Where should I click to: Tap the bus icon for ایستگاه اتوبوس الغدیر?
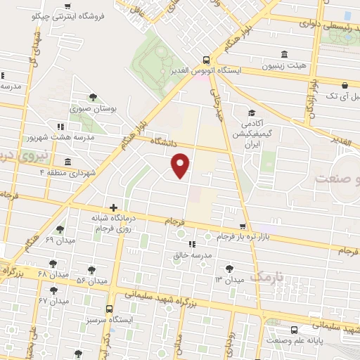205,60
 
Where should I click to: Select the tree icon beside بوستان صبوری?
92,98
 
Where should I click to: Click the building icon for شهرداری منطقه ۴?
67,161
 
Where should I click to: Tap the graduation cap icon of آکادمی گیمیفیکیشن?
251,113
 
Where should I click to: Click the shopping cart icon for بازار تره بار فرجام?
243,227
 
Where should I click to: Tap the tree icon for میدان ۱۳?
229,268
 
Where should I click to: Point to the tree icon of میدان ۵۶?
92,269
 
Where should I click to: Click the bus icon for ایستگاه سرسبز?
109,309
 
